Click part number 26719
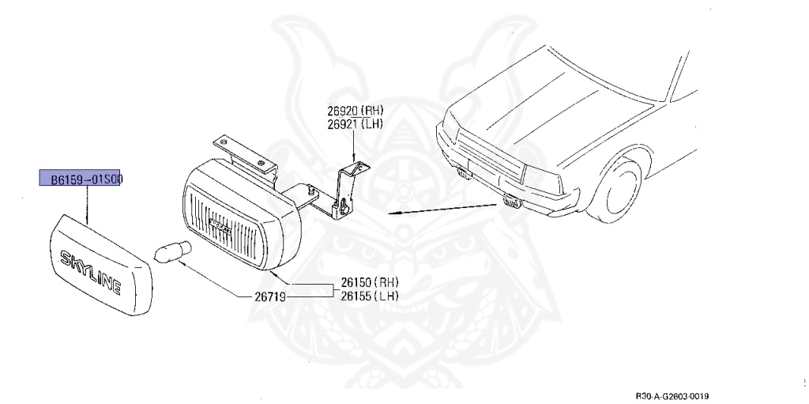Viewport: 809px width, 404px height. (268, 297)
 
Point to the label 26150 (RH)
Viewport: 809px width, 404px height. (370, 282)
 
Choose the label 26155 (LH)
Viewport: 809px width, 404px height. (370, 296)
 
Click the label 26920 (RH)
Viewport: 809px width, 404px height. (355, 111)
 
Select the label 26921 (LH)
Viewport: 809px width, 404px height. (355, 124)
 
